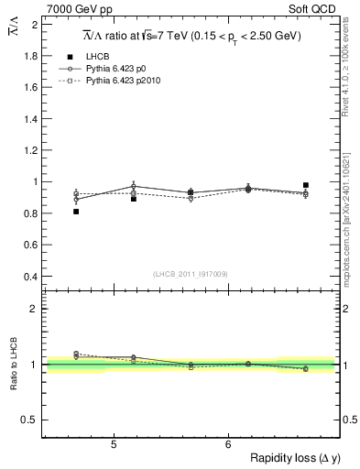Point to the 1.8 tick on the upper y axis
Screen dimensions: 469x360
28,56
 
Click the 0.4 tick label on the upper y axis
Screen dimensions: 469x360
28,277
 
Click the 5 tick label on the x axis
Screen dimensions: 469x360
113,444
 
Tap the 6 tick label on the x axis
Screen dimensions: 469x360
227,444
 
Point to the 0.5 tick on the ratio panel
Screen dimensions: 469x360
28,420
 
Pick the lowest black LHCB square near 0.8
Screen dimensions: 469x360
76,212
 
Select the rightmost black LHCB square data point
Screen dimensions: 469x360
306,185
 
